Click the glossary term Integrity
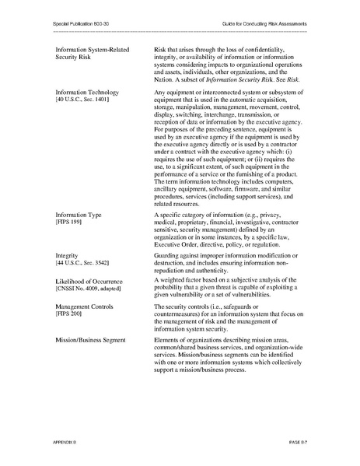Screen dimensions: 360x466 click(x=66, y=254)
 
